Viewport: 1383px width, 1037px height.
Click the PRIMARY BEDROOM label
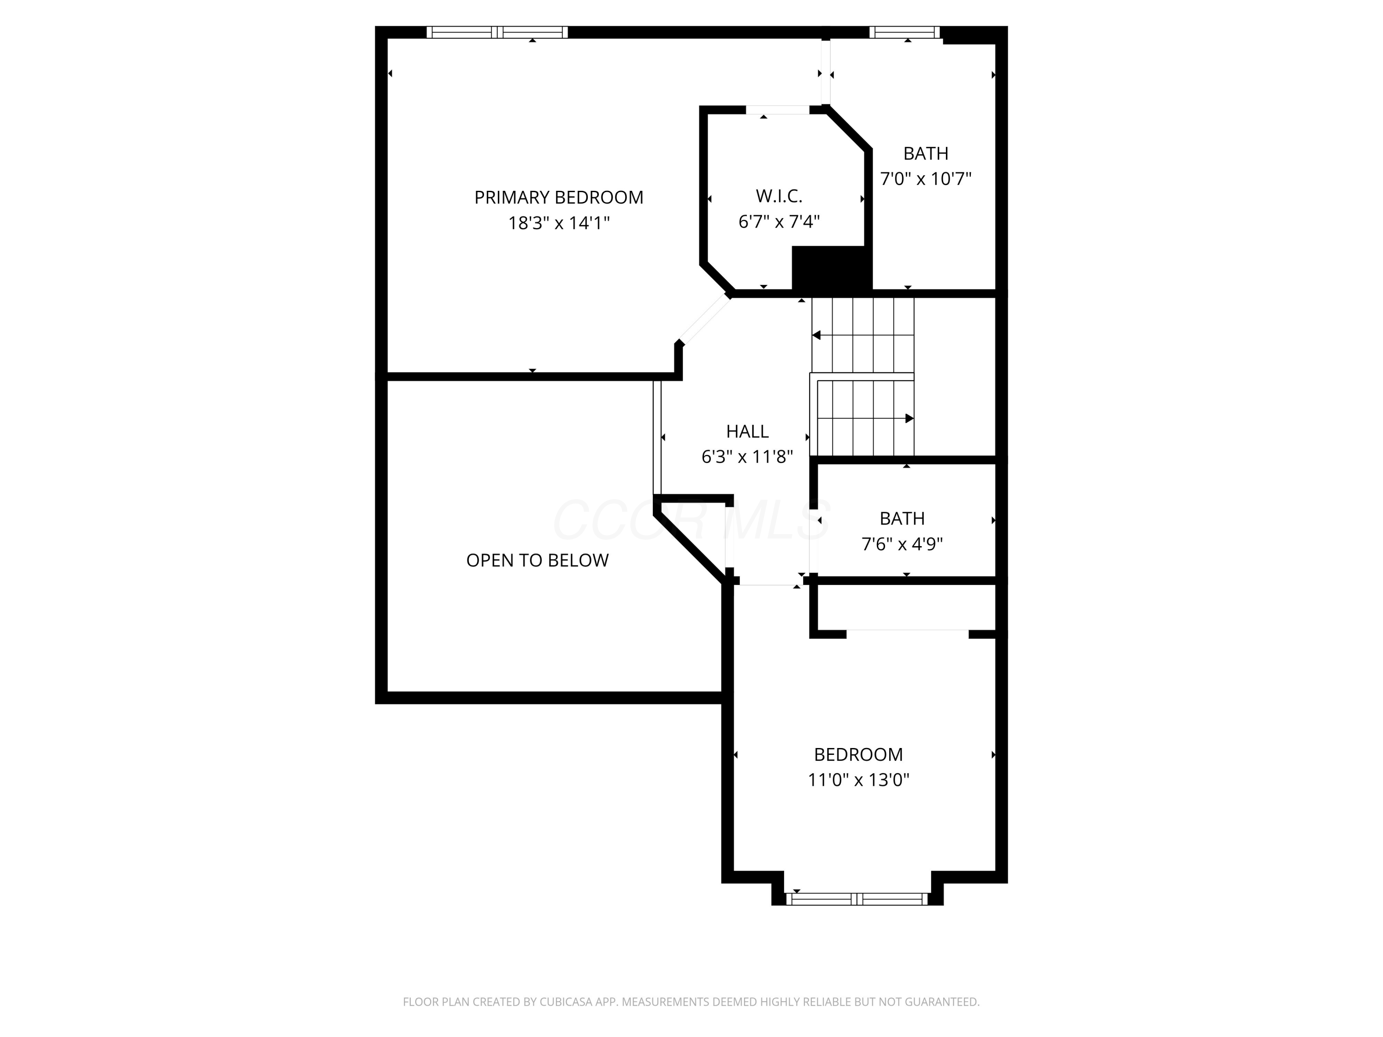(558, 198)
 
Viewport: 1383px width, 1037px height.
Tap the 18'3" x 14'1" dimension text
(558, 223)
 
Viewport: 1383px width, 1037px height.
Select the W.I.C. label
(779, 196)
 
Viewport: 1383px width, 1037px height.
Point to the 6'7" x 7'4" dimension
(779, 222)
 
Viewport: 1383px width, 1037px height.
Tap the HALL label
(747, 431)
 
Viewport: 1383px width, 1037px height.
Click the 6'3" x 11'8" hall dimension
(747, 457)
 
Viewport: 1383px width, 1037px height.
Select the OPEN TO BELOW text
(537, 560)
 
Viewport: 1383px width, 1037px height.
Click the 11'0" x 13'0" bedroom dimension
(858, 780)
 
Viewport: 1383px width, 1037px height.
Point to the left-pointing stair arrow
(816, 336)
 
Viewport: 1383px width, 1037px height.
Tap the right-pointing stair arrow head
(910, 418)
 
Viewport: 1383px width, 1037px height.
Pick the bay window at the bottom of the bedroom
(857, 899)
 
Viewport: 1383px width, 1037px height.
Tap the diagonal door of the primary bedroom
(704, 319)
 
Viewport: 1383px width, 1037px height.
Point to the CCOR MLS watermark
(691, 520)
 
